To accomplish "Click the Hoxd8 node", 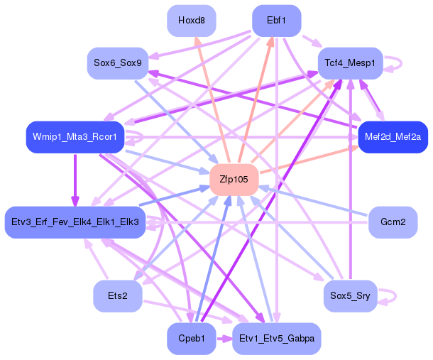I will (x=192, y=21).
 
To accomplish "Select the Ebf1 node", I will (x=276, y=21).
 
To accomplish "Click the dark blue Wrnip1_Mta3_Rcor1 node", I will (x=75, y=136).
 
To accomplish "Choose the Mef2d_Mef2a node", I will (x=393, y=136).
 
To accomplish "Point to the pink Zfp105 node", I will (x=234, y=180).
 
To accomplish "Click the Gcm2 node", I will (x=393, y=223).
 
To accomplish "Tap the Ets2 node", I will (x=117, y=295).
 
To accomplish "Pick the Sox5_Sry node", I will (x=351, y=295).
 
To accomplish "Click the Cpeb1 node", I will (x=192, y=339).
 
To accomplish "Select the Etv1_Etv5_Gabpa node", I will (x=276, y=339).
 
